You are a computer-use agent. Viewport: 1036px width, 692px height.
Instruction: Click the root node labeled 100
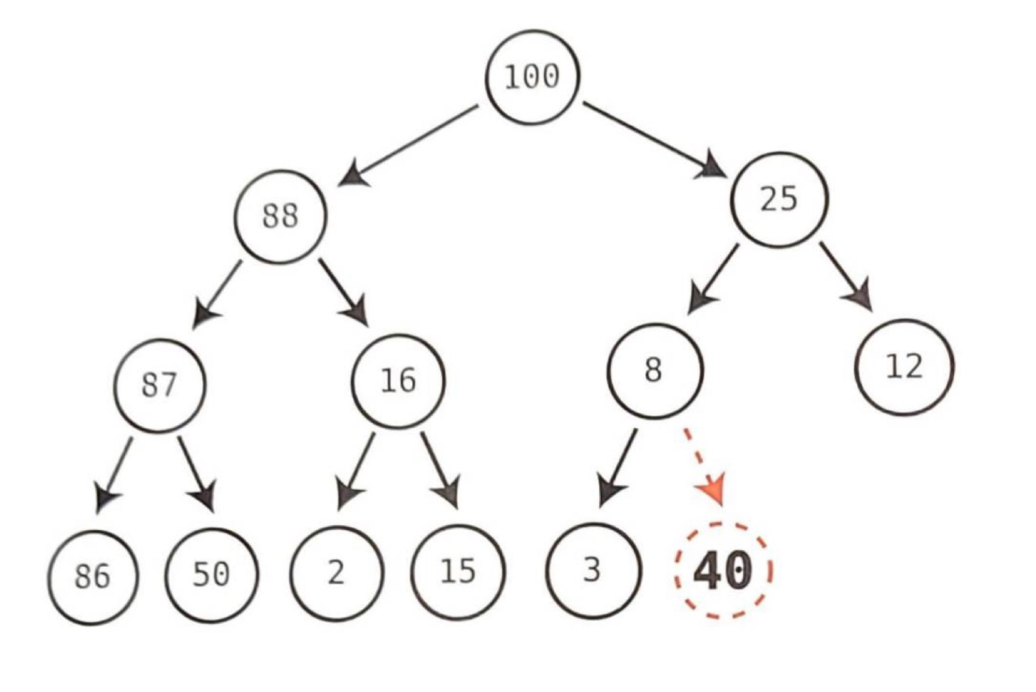point(532,76)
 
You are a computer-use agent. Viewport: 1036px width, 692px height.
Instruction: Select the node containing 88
point(280,216)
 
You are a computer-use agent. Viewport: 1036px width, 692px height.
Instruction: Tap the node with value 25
point(779,199)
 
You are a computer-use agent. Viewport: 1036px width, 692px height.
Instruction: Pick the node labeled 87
point(159,384)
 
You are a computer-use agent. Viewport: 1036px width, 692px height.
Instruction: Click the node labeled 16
point(398,381)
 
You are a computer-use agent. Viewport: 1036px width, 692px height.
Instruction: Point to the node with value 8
point(654,370)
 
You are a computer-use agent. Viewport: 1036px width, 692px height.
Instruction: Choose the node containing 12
point(904,367)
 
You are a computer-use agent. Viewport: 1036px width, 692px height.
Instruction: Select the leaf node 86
point(93,577)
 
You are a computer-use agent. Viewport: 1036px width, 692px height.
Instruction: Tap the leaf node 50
point(212,574)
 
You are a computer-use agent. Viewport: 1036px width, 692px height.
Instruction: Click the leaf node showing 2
point(336,573)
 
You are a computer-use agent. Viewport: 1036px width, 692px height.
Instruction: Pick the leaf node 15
point(458,572)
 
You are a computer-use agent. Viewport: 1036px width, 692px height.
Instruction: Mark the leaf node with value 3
point(592,570)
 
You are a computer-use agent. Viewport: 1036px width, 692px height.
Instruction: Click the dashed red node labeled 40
point(723,570)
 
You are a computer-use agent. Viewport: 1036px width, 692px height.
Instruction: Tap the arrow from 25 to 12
point(846,277)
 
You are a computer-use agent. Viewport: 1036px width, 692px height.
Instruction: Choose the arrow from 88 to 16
point(344,292)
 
